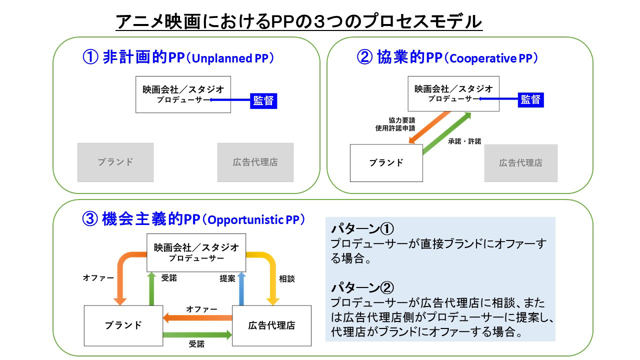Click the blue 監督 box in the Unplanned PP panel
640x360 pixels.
[x=263, y=101]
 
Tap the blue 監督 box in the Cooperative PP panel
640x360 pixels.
[x=530, y=99]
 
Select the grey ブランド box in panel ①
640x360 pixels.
[x=115, y=162]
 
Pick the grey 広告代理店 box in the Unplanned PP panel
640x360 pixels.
[x=255, y=162]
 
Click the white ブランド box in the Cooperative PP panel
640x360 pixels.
[x=386, y=163]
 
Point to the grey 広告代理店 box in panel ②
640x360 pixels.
[x=520, y=163]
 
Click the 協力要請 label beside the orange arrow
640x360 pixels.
[x=401, y=120]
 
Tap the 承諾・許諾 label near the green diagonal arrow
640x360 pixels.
[x=464, y=141]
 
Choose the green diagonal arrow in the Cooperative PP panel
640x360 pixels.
[x=446, y=133]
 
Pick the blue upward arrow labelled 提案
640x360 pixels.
[x=241, y=288]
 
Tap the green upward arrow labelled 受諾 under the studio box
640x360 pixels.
[x=151, y=288]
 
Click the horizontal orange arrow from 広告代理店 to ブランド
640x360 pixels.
[x=197, y=317]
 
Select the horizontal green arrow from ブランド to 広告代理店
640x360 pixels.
[x=197, y=335]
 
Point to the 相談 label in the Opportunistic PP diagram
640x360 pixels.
[x=286, y=278]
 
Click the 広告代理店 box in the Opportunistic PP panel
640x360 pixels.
[x=271, y=325]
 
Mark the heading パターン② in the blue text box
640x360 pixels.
[x=362, y=287]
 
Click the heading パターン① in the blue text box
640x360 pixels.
[x=362, y=228]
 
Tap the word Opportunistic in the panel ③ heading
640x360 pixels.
[x=245, y=220]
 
